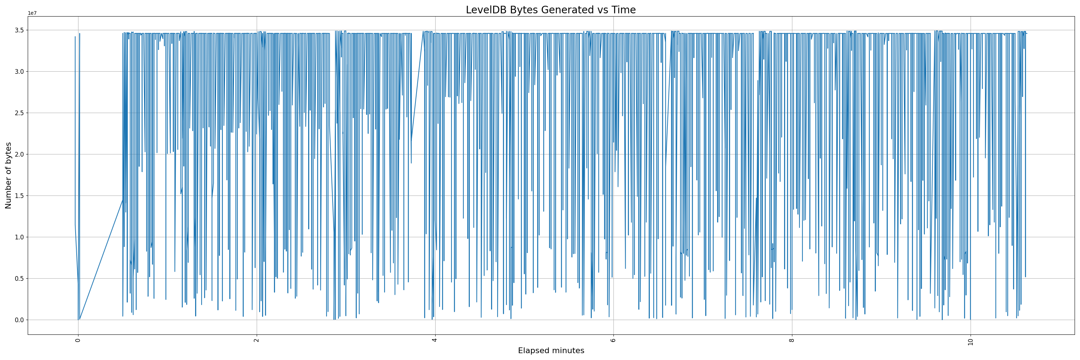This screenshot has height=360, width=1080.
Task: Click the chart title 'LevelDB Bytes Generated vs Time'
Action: (550, 10)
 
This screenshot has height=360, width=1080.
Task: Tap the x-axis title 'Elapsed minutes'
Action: (551, 351)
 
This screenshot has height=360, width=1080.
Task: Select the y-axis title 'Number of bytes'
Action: (8, 175)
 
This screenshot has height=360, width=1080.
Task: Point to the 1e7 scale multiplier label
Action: (32, 13)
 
